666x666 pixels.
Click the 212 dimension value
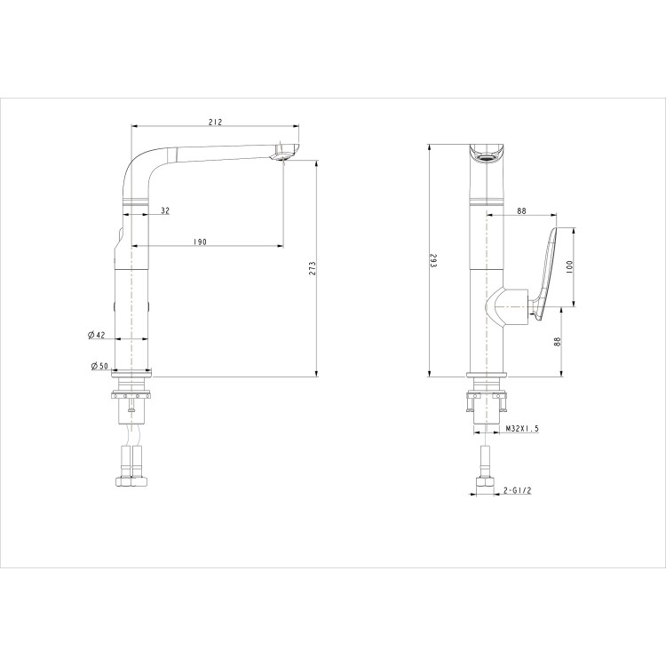[x=214, y=122]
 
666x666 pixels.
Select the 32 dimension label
[x=165, y=210]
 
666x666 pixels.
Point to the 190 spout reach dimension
[x=201, y=242]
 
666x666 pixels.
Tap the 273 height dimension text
[x=312, y=269]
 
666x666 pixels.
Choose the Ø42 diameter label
[x=97, y=335]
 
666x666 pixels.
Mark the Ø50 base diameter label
[x=98, y=366]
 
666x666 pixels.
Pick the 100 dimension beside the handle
[x=569, y=266]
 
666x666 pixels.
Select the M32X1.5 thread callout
[x=522, y=428]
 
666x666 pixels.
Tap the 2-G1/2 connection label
[x=518, y=490]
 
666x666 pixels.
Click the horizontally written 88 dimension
[x=521, y=210]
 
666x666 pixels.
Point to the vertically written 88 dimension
[x=558, y=341]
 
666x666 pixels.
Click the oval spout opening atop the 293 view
[x=485, y=158]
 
